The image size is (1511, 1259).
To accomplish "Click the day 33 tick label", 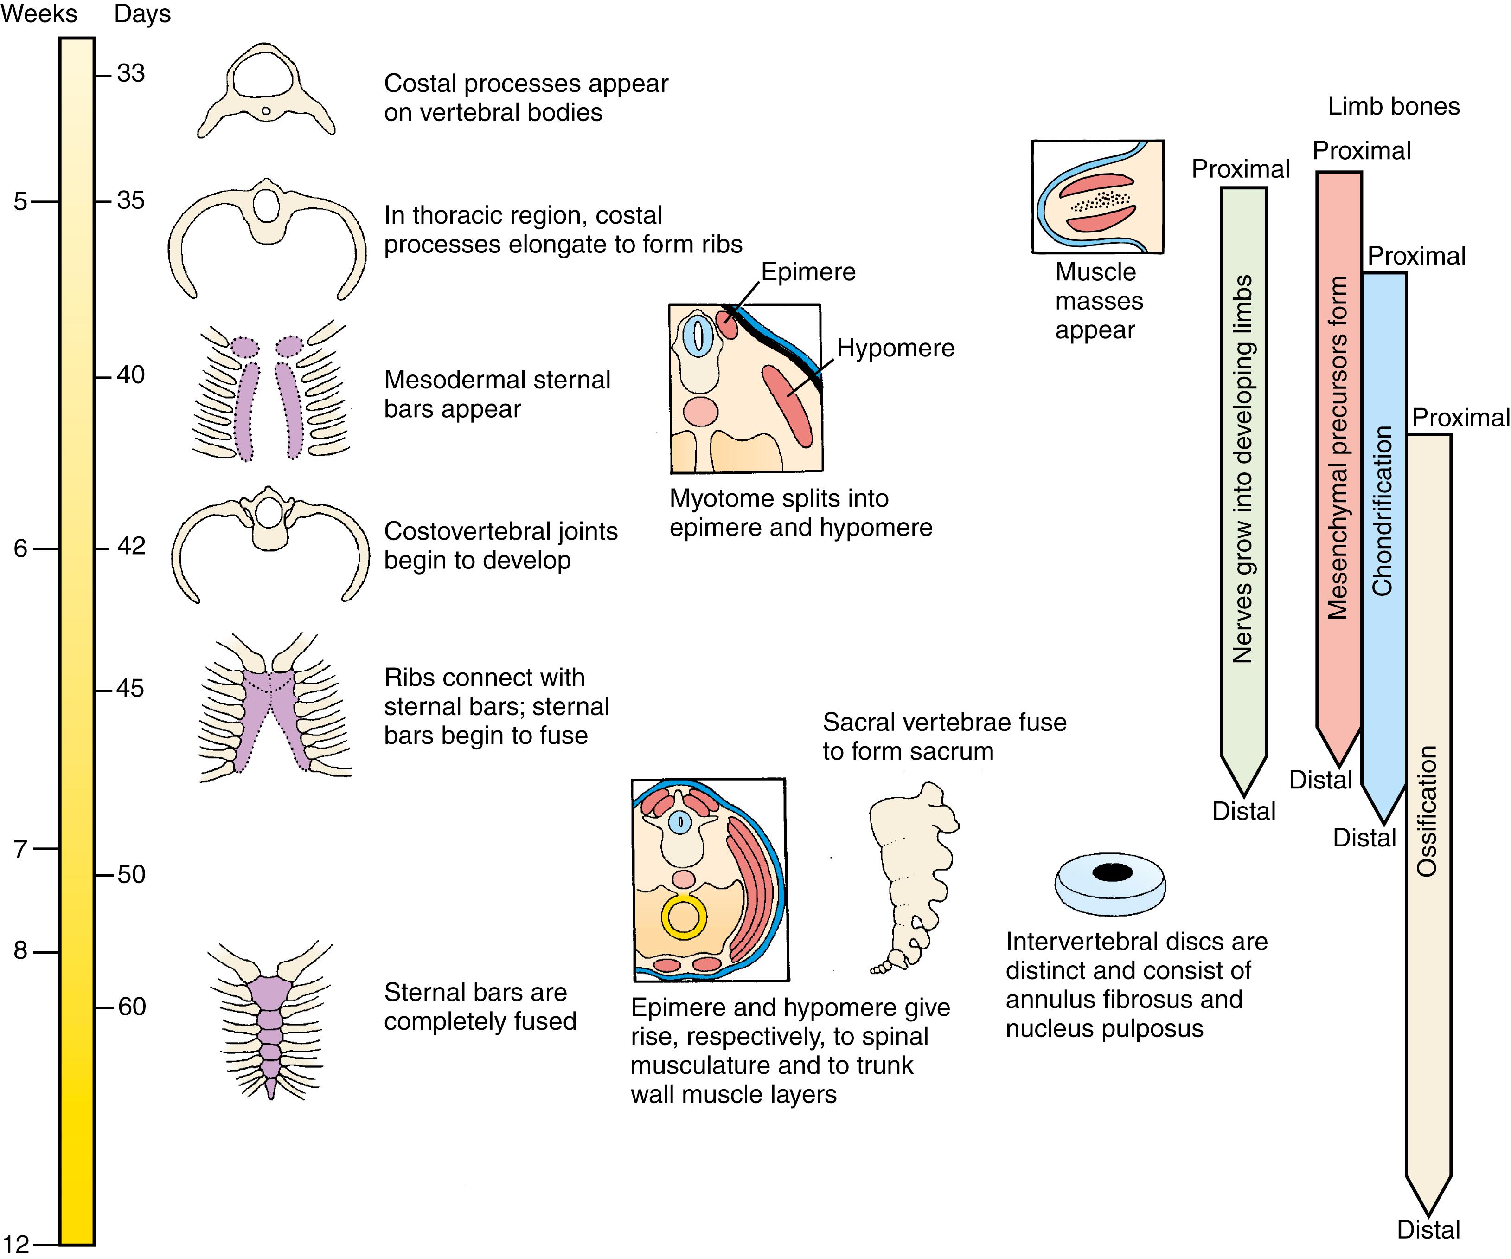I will [x=130, y=73].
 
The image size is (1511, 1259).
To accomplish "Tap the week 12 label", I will [x=16, y=1244].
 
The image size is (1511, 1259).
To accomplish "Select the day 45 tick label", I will [x=130, y=689].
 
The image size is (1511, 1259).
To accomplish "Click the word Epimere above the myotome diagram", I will [x=808, y=272].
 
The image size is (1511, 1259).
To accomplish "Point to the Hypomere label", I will [x=895, y=349].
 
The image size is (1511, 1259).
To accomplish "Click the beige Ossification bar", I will [x=1428, y=792].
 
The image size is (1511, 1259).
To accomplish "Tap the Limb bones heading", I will [x=1393, y=107].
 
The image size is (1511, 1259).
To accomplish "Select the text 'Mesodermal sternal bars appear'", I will [x=496, y=394].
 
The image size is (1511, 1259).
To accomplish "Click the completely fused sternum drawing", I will [x=270, y=1022].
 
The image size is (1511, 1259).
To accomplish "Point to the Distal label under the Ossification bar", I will [x=1428, y=1229].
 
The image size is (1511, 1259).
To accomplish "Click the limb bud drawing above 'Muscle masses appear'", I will [x=1097, y=196].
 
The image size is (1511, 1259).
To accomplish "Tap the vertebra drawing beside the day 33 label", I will [x=266, y=90].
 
